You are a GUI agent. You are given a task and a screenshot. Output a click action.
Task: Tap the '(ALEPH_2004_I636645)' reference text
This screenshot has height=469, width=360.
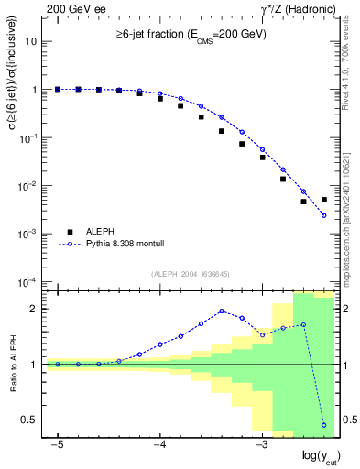(x=190, y=274)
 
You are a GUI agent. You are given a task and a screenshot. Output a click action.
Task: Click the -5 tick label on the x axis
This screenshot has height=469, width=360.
(x=57, y=444)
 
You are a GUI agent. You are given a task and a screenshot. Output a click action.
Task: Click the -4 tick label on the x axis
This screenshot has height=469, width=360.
(x=158, y=444)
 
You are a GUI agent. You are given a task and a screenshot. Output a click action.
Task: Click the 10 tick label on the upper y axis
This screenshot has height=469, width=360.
(x=32, y=42)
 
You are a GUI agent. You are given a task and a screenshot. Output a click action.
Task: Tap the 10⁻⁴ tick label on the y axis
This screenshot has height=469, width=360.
(x=28, y=281)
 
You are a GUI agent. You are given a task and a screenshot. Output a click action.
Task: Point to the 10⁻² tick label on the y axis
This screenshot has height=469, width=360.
(x=28, y=186)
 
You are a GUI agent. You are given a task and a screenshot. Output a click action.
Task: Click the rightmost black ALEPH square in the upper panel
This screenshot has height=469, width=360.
(x=324, y=200)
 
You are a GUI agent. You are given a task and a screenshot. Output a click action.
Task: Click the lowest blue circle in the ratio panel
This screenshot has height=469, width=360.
(x=324, y=425)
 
